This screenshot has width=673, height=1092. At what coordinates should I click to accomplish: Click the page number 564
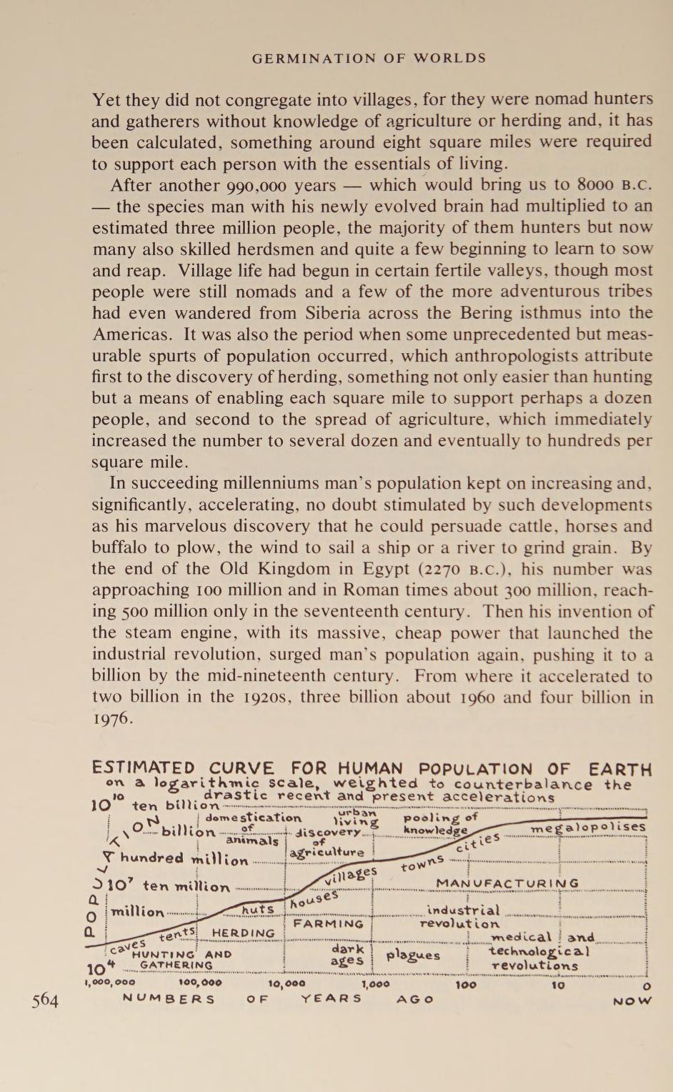(45, 999)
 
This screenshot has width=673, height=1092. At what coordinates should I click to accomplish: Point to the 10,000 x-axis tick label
(286, 983)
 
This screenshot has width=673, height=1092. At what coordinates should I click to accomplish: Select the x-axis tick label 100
(466, 984)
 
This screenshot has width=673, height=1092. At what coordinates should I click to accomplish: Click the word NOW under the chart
(632, 1001)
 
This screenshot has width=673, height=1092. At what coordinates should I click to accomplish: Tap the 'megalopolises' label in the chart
(588, 828)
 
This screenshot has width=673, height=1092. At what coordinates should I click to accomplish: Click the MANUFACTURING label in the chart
(507, 884)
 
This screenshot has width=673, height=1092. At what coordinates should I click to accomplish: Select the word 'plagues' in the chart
(413, 955)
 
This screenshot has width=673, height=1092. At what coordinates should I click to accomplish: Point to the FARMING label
(329, 924)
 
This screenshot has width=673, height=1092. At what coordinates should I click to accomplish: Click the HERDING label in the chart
(243, 933)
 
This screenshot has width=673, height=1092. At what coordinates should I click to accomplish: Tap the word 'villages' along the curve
(353, 876)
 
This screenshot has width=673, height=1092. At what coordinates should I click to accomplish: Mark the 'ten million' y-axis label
(186, 887)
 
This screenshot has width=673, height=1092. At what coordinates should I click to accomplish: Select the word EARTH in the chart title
(619, 770)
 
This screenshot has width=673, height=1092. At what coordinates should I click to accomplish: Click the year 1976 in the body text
(112, 718)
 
